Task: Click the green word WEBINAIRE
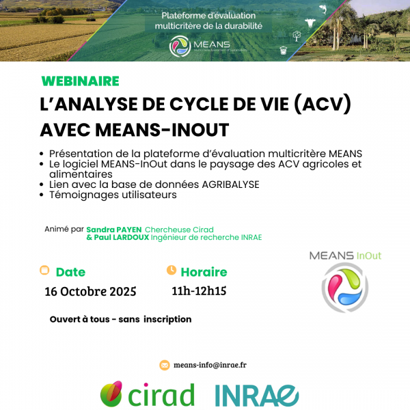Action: coord(80,81)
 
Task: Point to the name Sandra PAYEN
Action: coord(114,230)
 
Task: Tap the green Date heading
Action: coord(70,272)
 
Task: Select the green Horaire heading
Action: coord(204,272)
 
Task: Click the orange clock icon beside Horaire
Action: coord(172,271)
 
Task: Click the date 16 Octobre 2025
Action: coord(90,292)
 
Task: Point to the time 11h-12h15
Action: coord(199,291)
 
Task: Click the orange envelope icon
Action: coord(164,365)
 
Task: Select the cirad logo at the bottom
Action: coord(147,394)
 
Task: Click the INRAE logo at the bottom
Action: coord(257,395)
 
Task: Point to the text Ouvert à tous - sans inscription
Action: coord(120,319)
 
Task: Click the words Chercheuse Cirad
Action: coord(179,230)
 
